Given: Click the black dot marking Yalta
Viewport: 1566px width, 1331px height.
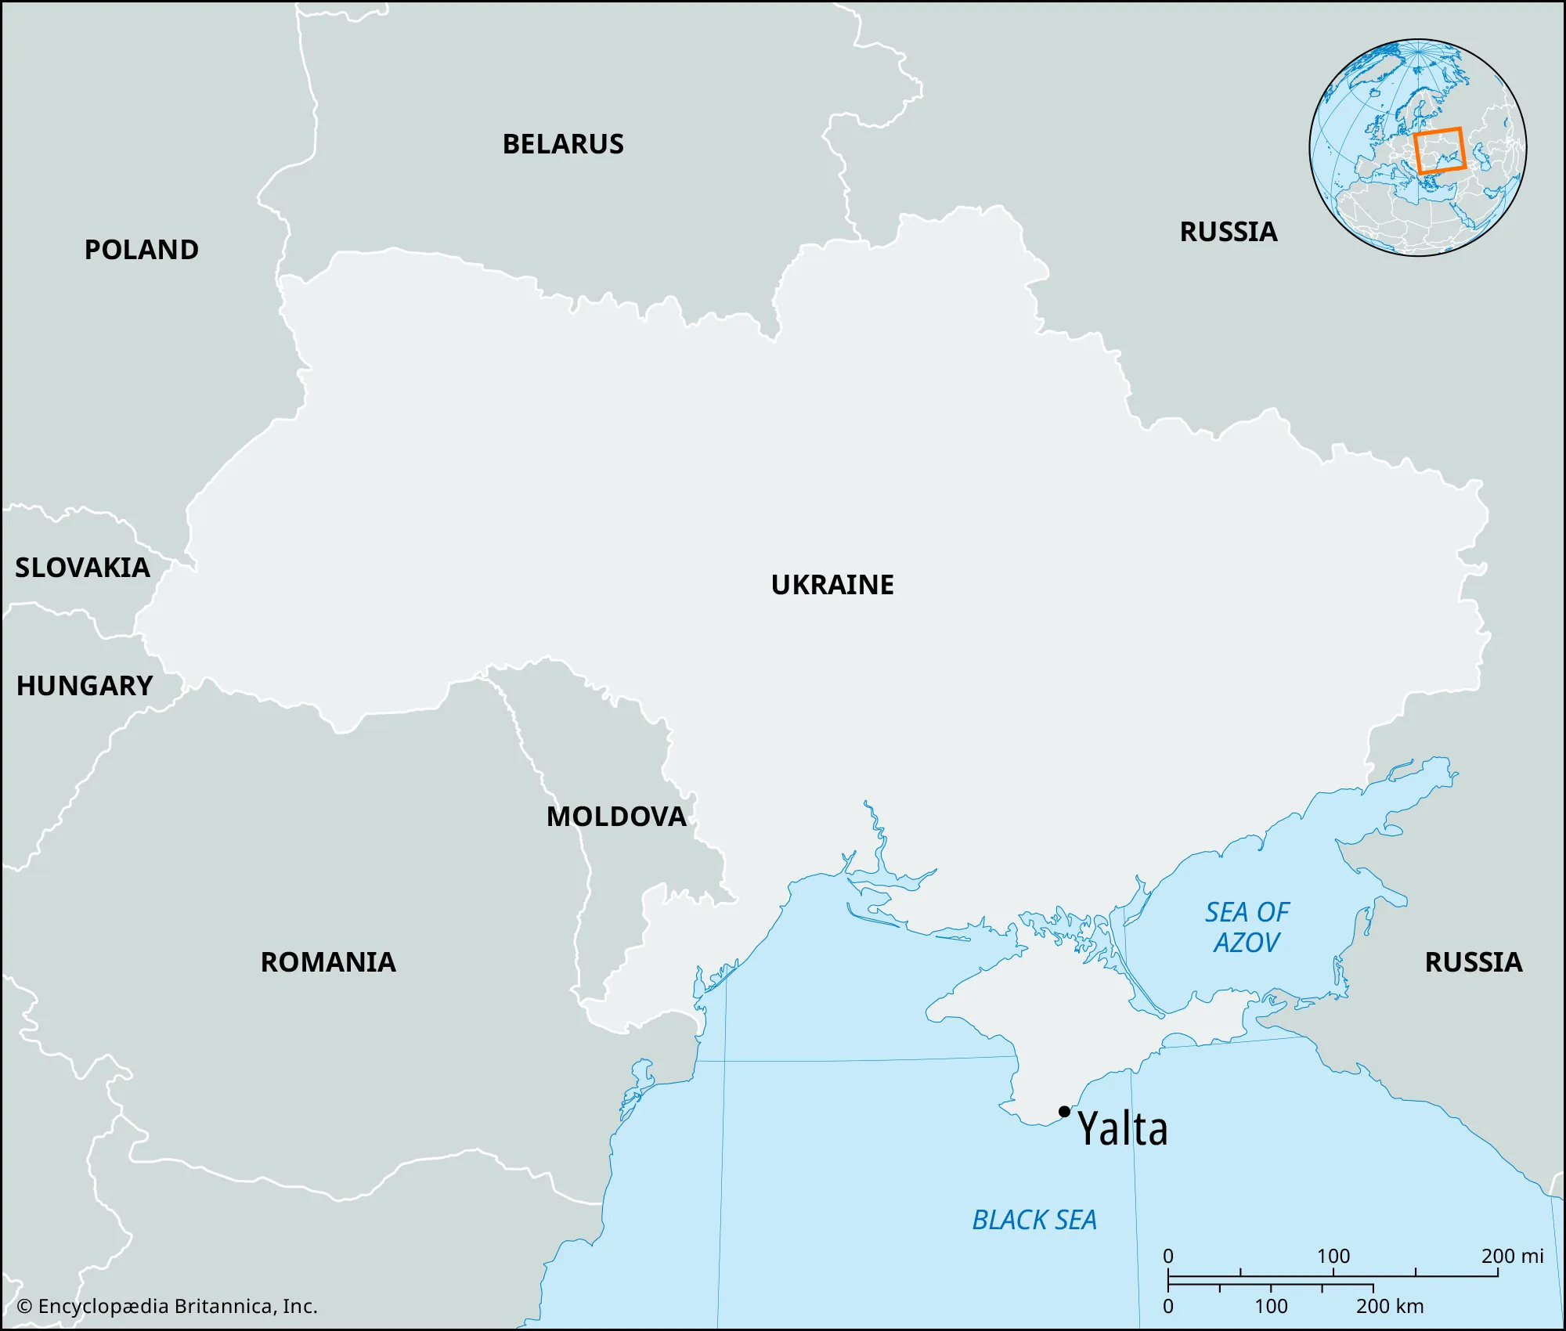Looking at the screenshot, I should point(1064,1111).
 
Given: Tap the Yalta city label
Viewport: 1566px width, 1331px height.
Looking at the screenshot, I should point(1123,1129).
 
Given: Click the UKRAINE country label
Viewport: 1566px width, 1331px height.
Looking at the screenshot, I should point(832,585).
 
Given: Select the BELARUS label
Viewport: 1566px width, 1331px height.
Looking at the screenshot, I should point(563,144).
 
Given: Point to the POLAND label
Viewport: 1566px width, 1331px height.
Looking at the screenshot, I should point(142,250).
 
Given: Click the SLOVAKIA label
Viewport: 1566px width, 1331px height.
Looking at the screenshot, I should point(83,568).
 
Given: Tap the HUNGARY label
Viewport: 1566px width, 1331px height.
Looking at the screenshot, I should point(85,686).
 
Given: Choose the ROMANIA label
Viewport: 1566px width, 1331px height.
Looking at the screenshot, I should point(328,962).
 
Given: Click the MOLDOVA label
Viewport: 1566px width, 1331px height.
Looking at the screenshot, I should point(616,817).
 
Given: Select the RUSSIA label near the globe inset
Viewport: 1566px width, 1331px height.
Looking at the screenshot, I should point(1229,232).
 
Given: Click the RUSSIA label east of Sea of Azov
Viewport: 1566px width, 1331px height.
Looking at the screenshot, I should point(1474,962).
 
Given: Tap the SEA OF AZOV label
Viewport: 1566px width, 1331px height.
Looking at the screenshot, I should point(1247,927).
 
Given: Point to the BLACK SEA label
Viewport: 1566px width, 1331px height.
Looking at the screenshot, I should point(1034,1220).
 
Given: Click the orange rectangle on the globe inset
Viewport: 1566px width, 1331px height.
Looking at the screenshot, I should point(1439,150).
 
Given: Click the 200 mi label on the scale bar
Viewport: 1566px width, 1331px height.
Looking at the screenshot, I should point(1512,1256).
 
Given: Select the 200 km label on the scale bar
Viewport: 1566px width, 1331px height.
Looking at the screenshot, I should point(1390,1306).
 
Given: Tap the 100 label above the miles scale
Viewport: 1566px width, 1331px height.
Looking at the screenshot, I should point(1333,1256).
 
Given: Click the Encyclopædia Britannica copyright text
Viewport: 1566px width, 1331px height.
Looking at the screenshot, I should point(168,1306).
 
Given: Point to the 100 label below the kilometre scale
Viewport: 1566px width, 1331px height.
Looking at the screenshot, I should point(1271,1306).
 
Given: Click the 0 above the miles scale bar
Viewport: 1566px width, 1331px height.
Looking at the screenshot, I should point(1168,1256).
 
